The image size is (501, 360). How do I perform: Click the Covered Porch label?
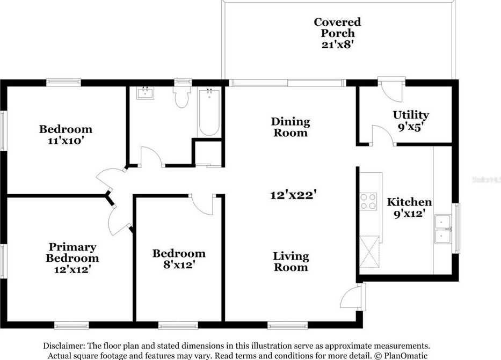point(337,27)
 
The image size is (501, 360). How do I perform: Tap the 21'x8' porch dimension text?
point(337,44)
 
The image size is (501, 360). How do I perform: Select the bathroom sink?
point(146,93)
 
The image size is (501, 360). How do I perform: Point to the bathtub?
point(209,113)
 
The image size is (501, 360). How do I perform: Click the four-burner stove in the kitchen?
point(368,201)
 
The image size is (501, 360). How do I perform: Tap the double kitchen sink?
point(442,229)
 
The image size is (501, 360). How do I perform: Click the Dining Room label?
point(291,127)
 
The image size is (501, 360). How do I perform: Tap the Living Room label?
point(291,262)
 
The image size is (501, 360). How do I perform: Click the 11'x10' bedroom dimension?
point(66,141)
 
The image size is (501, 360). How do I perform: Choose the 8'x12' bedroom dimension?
point(179,265)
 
